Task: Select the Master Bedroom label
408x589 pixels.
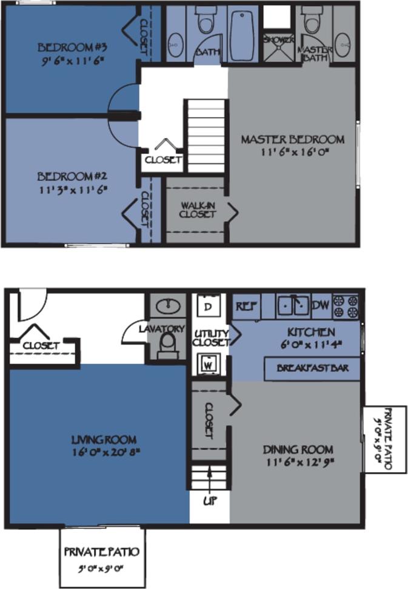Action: [x=292, y=139]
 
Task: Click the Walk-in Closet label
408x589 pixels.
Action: [x=198, y=210]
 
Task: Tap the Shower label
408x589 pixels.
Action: [x=278, y=40]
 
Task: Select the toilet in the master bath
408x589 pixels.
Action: [x=312, y=22]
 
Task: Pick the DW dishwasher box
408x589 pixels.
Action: [x=320, y=307]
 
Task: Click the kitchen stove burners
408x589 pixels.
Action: [x=346, y=307]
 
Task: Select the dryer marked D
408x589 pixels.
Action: [x=208, y=306]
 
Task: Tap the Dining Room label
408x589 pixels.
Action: [x=298, y=450]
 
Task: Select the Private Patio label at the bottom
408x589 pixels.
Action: [x=102, y=552]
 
